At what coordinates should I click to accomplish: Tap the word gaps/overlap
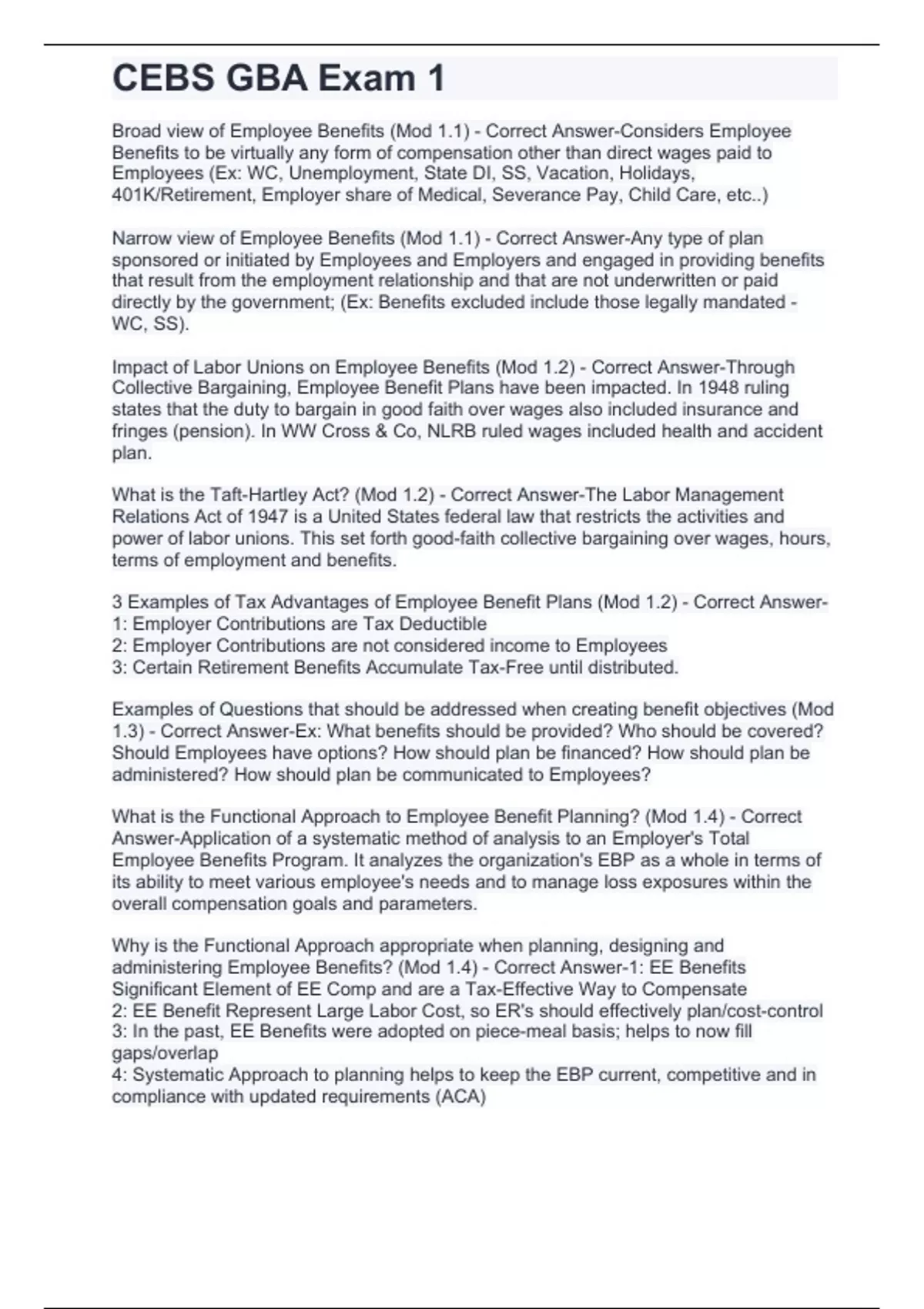[x=165, y=1053]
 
